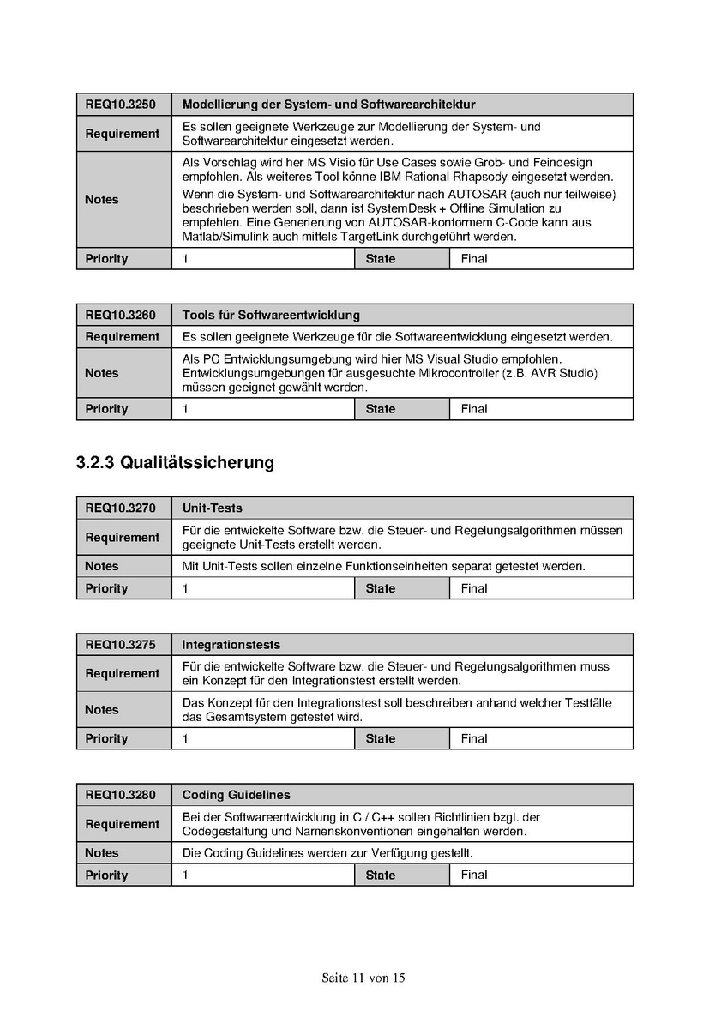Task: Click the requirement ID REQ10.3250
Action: click(x=120, y=105)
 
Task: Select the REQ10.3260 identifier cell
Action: click(x=120, y=315)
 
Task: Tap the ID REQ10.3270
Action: click(x=120, y=508)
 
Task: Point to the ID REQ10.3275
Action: click(x=120, y=645)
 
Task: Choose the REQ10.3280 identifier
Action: click(x=120, y=795)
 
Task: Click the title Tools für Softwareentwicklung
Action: click(x=271, y=315)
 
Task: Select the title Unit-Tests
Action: click(x=212, y=508)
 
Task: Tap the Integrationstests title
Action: click(x=231, y=645)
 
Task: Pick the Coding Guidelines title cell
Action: click(x=236, y=795)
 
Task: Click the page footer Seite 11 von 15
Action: click(x=363, y=978)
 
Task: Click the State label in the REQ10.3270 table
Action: click(x=381, y=588)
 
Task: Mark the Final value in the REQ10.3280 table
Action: click(x=474, y=875)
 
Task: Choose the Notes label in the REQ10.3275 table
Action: click(x=102, y=710)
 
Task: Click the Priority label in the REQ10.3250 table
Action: click(x=106, y=258)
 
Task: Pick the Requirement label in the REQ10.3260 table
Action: click(x=122, y=337)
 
